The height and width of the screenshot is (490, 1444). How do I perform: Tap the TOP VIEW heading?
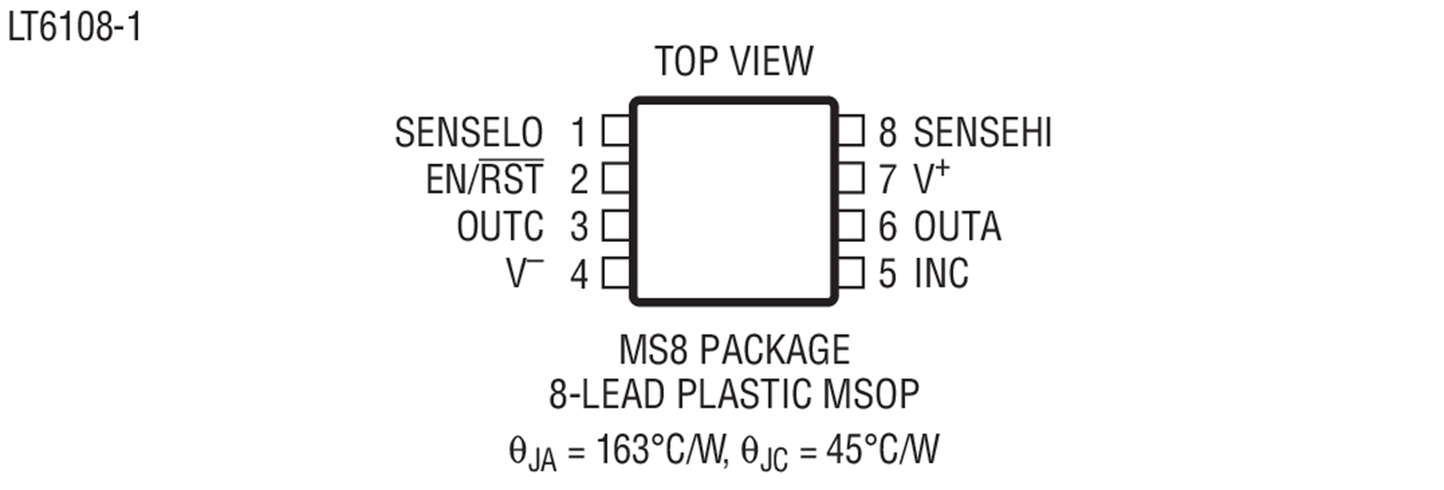click(734, 62)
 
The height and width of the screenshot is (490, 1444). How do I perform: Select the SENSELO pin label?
click(469, 132)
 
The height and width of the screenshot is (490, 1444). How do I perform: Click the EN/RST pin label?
click(485, 178)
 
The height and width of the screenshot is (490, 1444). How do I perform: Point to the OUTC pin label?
click(500, 226)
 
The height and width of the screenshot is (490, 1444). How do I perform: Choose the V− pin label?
click(525, 272)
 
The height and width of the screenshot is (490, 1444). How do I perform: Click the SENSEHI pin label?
click(983, 132)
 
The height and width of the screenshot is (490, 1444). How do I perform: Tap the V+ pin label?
click(932, 177)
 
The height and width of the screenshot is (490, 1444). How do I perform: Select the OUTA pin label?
click(958, 226)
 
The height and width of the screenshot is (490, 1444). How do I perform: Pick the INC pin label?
click(941, 273)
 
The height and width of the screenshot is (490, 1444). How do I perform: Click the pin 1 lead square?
click(617, 131)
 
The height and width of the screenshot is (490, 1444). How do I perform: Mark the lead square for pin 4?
click(617, 272)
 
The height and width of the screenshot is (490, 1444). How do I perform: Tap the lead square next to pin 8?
click(851, 131)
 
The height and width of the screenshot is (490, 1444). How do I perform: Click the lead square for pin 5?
click(851, 272)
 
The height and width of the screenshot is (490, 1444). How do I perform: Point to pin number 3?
click(579, 226)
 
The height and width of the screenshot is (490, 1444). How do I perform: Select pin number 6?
click(888, 226)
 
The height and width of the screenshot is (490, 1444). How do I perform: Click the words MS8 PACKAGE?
click(734, 350)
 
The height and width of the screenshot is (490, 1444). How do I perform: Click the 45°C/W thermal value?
click(882, 449)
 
